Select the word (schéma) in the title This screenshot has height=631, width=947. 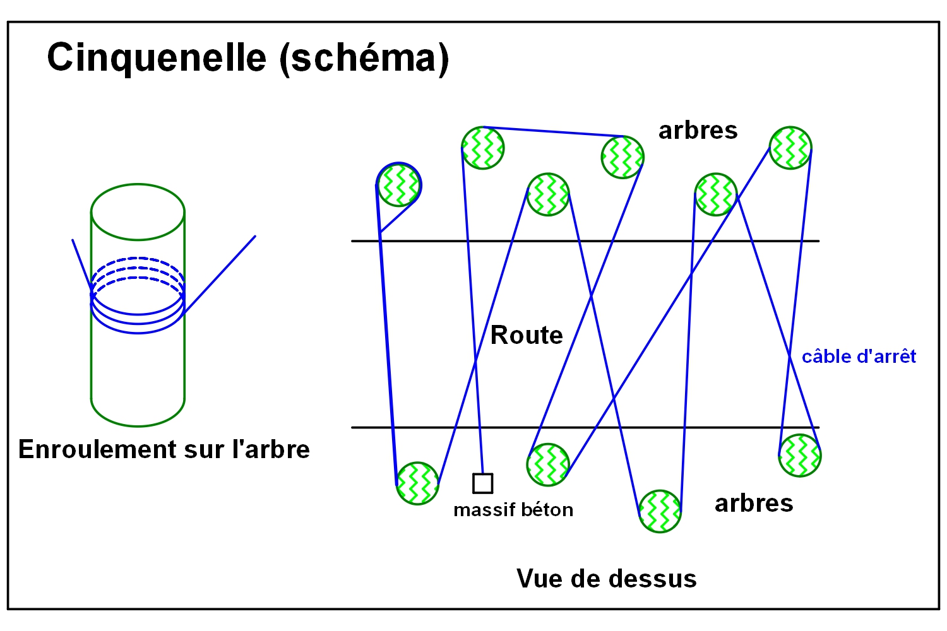pos(364,59)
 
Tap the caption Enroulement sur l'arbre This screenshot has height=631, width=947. pos(164,449)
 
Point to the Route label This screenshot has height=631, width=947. pos(527,335)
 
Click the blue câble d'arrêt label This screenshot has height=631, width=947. pos(859,357)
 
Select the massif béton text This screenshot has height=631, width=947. pos(513,509)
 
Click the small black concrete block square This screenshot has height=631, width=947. pos(483,483)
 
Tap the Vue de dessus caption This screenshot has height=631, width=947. pos(606,579)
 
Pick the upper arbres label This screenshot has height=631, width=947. pos(698,131)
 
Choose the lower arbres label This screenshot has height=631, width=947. pos(754,503)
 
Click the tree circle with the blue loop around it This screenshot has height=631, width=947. pos(399,185)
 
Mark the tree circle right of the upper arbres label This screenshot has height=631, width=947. pos(790,148)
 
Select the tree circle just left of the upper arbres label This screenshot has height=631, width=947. pos(622,157)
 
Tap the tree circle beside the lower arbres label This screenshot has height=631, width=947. pos(660,511)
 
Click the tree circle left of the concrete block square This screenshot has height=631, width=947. pos(417,483)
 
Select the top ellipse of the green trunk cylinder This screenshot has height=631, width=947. pos(138,212)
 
